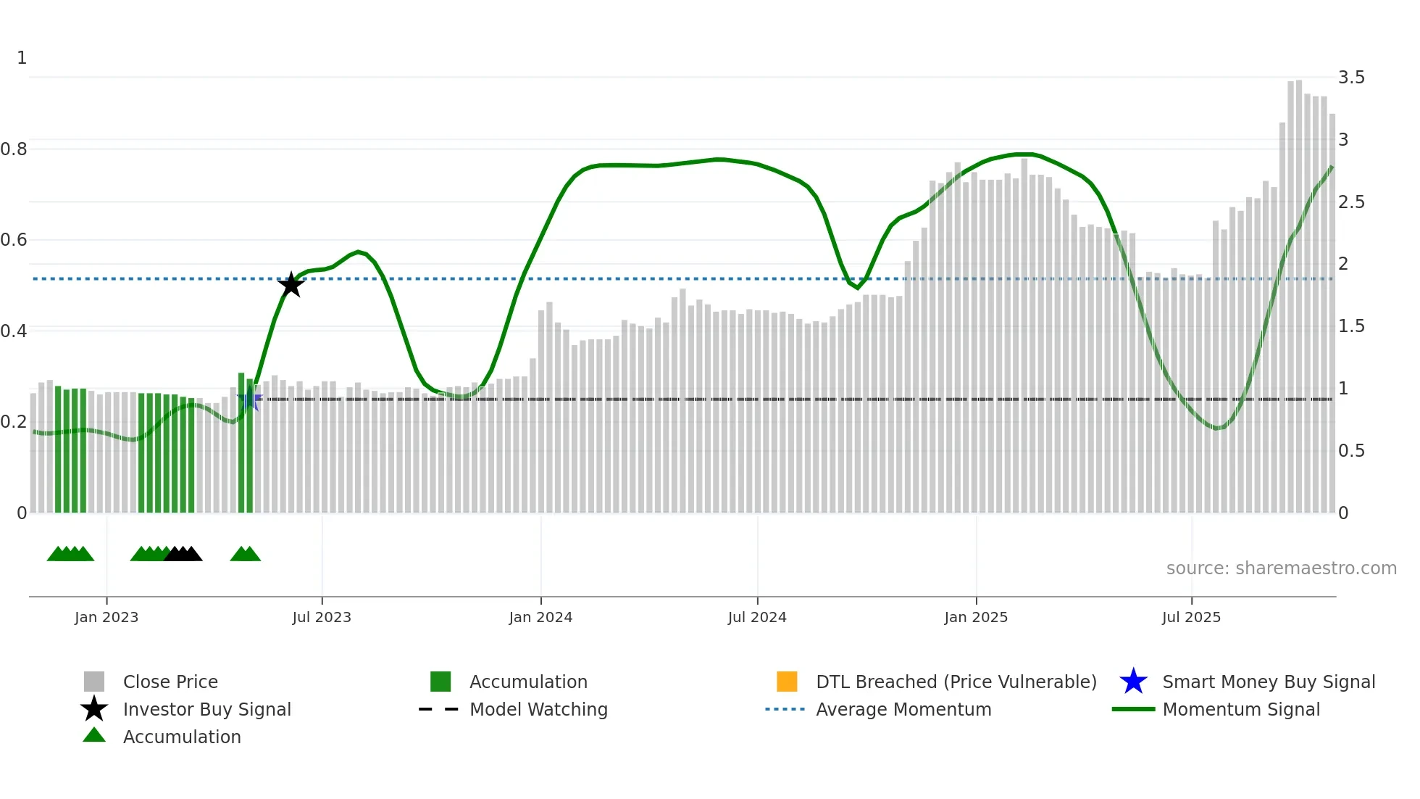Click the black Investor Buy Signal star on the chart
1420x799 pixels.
[291, 285]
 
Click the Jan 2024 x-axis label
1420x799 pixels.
[540, 617]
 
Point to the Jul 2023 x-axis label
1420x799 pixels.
[322, 617]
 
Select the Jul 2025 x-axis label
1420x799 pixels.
[1191, 617]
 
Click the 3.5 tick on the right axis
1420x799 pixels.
[1351, 78]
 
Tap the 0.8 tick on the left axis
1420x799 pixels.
[14, 149]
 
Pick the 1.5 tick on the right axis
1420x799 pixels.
[1351, 326]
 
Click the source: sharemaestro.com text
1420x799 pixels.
[1281, 568]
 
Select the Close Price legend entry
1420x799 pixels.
[170, 682]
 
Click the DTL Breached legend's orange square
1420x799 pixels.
[787, 682]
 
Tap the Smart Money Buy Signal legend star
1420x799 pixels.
[1133, 682]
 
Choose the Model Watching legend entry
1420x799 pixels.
[538, 709]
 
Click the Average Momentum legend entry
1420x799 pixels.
[903, 709]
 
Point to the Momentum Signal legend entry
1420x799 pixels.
[1240, 709]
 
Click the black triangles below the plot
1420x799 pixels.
[183, 554]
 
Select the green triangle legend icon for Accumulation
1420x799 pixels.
[94, 735]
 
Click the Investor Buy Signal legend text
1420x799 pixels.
[207, 709]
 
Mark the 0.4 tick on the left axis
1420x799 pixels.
[14, 331]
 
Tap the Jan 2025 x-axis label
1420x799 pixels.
[976, 617]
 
